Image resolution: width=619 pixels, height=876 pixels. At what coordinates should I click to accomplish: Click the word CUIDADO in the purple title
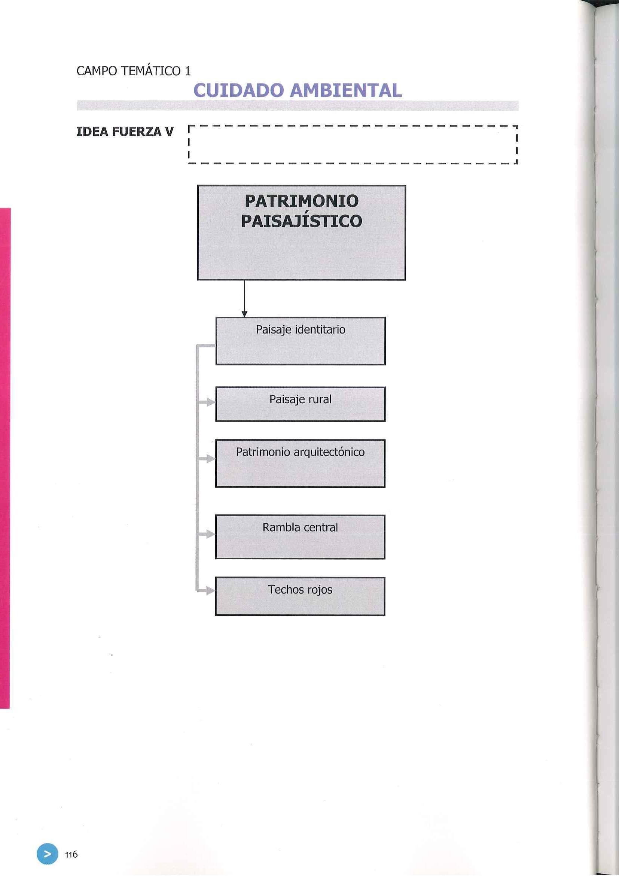coord(238,91)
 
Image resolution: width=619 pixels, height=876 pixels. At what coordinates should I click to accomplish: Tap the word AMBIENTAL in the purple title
coord(345,91)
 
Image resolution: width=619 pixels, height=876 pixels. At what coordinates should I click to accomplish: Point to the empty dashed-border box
coord(353,145)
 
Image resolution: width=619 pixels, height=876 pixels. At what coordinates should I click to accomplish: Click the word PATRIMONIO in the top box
coord(301,201)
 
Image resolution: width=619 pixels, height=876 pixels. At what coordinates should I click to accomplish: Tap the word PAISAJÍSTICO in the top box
coord(301,221)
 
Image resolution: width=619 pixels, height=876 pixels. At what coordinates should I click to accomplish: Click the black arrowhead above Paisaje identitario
coord(244,314)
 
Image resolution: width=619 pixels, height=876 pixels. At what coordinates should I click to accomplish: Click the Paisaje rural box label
coord(300,399)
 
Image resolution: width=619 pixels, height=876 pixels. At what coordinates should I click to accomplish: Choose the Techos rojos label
coord(300,590)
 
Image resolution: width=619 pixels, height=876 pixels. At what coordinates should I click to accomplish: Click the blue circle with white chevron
coord(48,854)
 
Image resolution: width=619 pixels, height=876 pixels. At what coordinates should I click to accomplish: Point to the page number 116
coord(71,854)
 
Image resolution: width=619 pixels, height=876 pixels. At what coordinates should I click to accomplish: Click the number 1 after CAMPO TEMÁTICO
coord(187,71)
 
